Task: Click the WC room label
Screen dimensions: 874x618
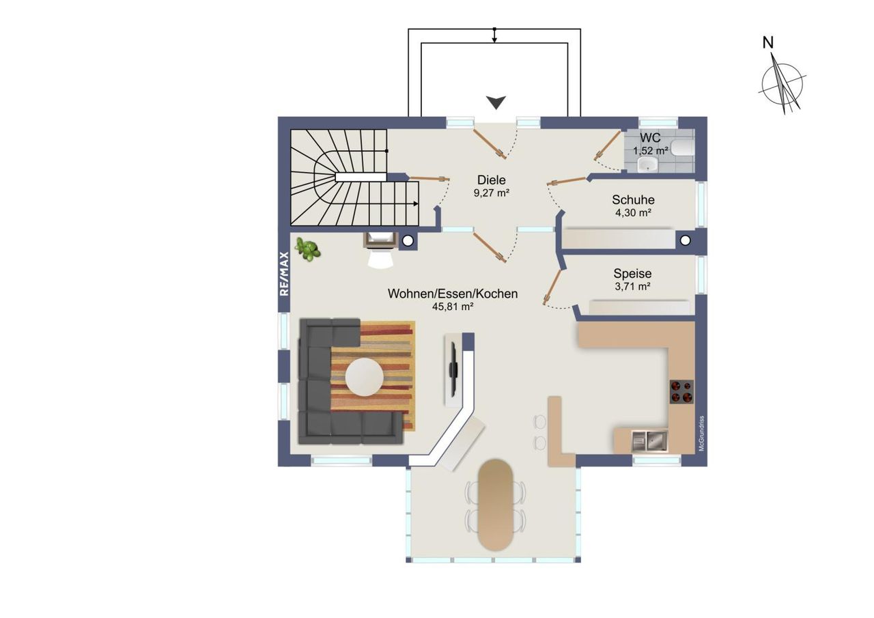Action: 650,137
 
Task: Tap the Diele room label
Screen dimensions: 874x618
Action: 491,180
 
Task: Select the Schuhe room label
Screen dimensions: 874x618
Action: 633,200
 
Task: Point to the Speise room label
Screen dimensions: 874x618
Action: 632,274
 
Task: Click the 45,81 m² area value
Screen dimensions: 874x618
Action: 453,307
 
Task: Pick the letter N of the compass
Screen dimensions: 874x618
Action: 768,42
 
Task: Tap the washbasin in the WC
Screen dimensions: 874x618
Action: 648,164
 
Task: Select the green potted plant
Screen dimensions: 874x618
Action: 308,249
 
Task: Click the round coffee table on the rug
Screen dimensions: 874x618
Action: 364,377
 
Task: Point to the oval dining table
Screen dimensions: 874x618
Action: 495,505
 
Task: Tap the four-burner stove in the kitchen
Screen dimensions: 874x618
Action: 681,392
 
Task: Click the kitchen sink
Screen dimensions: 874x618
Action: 649,441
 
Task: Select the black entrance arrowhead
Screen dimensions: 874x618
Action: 496,102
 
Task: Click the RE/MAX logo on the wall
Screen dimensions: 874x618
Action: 284,273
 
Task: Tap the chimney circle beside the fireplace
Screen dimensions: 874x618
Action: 408,241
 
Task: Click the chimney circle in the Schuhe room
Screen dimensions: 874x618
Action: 685,240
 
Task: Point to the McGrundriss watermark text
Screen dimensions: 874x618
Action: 701,434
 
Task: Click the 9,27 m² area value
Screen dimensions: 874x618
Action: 491,193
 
